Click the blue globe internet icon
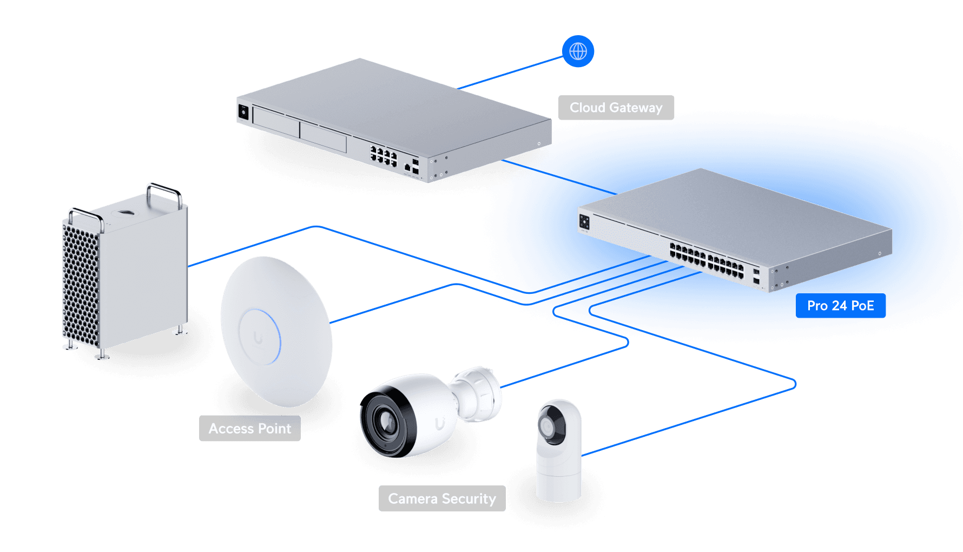[x=578, y=51]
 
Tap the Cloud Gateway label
[x=616, y=108]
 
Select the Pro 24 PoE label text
[x=840, y=306]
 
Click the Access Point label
[x=249, y=429]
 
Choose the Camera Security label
[x=441, y=498]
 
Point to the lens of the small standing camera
[x=547, y=428]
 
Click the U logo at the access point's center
[x=259, y=339]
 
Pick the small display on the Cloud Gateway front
[x=243, y=112]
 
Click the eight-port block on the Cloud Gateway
[x=384, y=155]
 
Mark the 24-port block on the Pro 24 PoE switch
[x=707, y=260]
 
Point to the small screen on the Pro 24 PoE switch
[x=584, y=221]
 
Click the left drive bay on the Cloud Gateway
[x=276, y=123]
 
